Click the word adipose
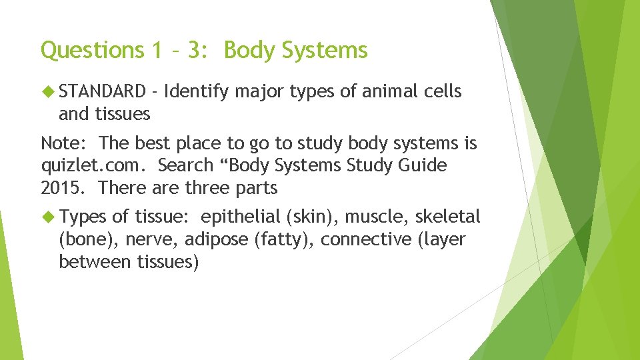(x=217, y=239)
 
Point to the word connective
(x=366, y=239)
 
